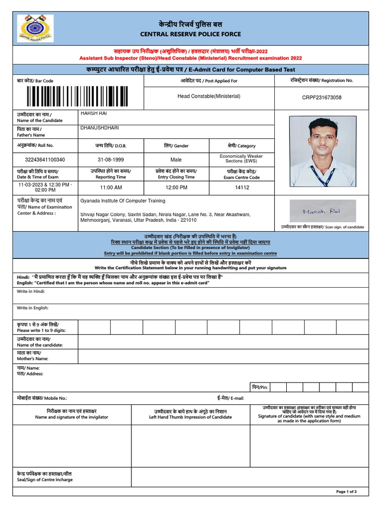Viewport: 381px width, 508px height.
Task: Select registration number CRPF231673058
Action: pyautogui.click(x=321, y=98)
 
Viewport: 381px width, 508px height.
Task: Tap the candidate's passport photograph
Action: pyautogui.click(x=322, y=151)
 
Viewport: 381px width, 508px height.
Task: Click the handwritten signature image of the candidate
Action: pyautogui.click(x=322, y=211)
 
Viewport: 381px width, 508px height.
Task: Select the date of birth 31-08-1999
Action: pyautogui.click(x=111, y=160)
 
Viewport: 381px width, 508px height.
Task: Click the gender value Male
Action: pyautogui.click(x=176, y=160)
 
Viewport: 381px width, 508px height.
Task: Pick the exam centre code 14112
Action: pyautogui.click(x=242, y=188)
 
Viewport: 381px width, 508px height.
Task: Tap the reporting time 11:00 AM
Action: pyautogui.click(x=111, y=188)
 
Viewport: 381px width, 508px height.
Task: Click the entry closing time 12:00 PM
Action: pyautogui.click(x=176, y=188)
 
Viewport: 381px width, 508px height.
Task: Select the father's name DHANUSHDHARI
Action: pyautogui.click(x=99, y=128)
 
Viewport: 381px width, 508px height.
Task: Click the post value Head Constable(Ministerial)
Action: pyautogui.click(x=208, y=96)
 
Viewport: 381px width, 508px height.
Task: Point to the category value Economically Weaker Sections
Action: pyautogui.click(x=241, y=159)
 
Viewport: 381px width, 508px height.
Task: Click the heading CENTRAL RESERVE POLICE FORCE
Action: pyautogui.click(x=190, y=34)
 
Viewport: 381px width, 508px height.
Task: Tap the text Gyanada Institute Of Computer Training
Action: pyautogui.click(x=123, y=201)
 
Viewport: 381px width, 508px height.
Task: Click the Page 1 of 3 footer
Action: pyautogui.click(x=346, y=492)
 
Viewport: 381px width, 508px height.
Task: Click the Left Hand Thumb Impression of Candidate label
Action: pyautogui.click(x=190, y=417)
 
